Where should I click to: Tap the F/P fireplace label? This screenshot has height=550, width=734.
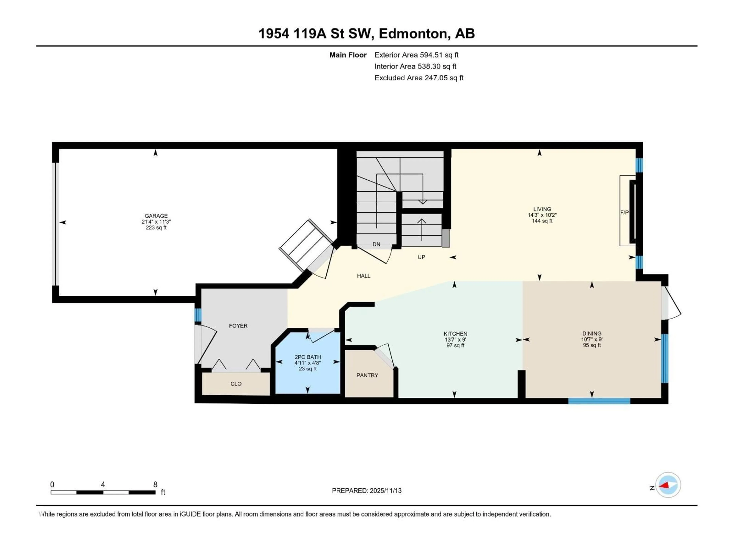pyautogui.click(x=624, y=213)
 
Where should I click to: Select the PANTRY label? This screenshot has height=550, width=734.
pyautogui.click(x=367, y=375)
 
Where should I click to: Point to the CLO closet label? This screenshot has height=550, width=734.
pyautogui.click(x=236, y=384)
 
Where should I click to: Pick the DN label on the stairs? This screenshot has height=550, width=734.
pyautogui.click(x=376, y=244)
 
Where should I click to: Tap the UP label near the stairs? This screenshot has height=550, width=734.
pyautogui.click(x=421, y=257)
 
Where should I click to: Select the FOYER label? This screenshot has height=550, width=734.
pyautogui.click(x=238, y=326)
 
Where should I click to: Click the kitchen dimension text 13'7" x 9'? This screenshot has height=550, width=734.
pyautogui.click(x=455, y=340)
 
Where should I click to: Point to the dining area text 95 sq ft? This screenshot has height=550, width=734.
pyautogui.click(x=592, y=345)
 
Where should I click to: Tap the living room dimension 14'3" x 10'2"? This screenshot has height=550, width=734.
pyautogui.click(x=542, y=215)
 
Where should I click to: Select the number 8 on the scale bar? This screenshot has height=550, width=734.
pyautogui.click(x=155, y=484)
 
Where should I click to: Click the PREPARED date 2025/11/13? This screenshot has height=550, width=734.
pyautogui.click(x=366, y=491)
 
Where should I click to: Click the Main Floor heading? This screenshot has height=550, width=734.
pyautogui.click(x=348, y=55)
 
